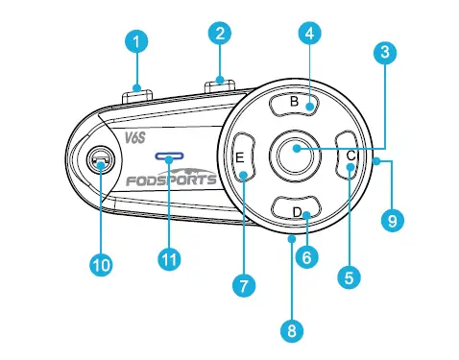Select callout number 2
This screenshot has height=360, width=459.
[x=220, y=34]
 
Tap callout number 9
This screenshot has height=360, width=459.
[x=392, y=221]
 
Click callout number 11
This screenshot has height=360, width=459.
[x=168, y=259]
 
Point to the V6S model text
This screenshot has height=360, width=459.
[x=133, y=138]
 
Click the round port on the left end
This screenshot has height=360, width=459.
[x=100, y=164]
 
